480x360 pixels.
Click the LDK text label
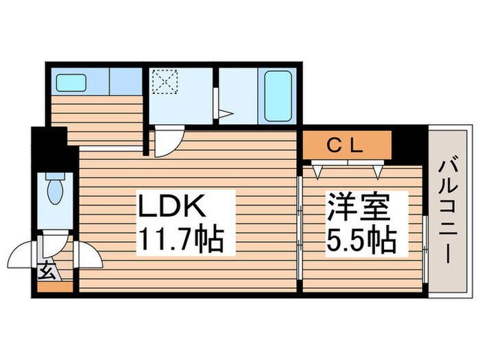pyautogui.click(x=173, y=206)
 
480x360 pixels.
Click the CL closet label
pyautogui.click(x=347, y=146)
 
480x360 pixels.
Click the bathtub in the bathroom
pyautogui.click(x=277, y=96)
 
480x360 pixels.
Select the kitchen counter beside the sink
pyautogui.click(x=125, y=82)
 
